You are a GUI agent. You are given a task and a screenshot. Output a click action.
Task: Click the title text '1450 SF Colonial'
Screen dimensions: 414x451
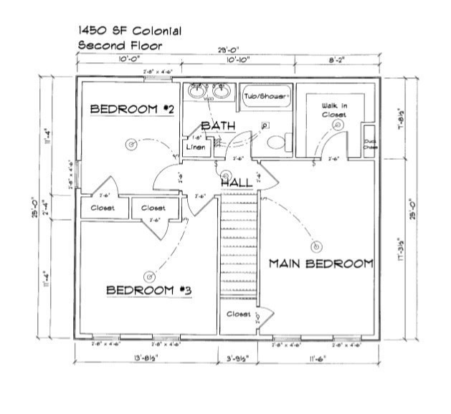pyautogui.click(x=129, y=32)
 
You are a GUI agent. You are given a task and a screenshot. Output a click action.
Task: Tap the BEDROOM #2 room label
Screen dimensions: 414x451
pyautogui.click(x=133, y=109)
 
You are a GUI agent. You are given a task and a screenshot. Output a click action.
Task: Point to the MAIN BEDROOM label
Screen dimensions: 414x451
pyautogui.click(x=321, y=264)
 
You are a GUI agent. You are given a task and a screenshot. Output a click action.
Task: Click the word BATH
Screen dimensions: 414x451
pyautogui.click(x=218, y=126)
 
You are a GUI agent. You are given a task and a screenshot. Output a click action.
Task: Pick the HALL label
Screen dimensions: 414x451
pyautogui.click(x=236, y=183)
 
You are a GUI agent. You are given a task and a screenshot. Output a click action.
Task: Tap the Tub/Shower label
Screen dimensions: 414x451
pyautogui.click(x=265, y=95)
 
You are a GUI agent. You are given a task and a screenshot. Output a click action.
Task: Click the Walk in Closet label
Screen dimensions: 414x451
pyautogui.click(x=334, y=110)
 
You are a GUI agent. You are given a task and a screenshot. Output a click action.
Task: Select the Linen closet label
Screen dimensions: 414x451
pyautogui.click(x=196, y=147)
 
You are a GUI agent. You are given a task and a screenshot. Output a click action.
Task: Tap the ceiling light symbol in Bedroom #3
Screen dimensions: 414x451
pyautogui.click(x=149, y=275)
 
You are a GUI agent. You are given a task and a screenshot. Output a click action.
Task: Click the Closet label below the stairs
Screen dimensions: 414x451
pyautogui.click(x=239, y=314)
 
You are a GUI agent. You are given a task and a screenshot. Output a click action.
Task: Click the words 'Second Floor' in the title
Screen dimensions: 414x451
pyautogui.click(x=120, y=45)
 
